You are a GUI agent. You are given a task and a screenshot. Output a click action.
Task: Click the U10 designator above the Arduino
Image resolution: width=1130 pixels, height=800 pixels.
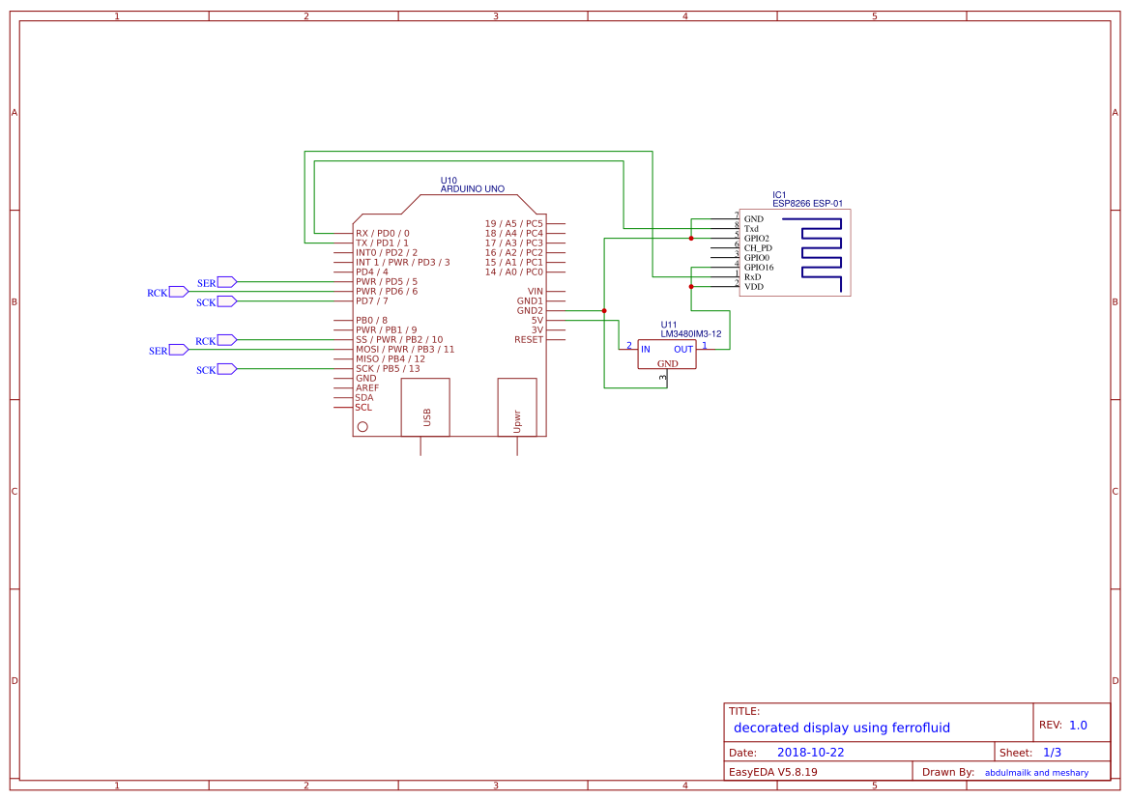pos(449,180)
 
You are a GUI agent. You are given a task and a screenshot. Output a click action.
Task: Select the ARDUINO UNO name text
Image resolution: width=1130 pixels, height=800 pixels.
pos(472,189)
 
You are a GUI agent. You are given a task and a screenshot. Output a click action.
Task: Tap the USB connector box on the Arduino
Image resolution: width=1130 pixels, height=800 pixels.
pos(425,407)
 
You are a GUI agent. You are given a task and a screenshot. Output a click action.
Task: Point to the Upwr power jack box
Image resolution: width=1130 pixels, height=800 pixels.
pos(517,407)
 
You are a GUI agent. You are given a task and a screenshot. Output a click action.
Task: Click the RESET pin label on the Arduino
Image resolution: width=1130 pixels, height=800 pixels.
pos(529,340)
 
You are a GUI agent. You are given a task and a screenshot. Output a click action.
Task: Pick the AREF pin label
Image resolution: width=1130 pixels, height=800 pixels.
pos(367,388)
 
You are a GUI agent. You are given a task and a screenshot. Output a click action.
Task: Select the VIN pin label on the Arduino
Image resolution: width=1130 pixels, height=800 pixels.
pos(536,291)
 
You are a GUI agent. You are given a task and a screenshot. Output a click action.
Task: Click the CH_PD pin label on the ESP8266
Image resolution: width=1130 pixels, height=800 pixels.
pos(758,248)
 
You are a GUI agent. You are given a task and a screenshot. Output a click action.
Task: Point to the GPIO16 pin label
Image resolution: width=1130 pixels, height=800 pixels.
pos(759,268)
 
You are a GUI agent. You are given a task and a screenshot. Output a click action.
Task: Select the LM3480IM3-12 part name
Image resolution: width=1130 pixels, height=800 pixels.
pos(691,333)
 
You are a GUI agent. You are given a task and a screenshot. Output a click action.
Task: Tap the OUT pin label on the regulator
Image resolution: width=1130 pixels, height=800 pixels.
pos(683,349)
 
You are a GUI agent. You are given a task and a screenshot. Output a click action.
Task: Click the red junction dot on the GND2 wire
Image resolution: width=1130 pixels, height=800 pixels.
pos(604,311)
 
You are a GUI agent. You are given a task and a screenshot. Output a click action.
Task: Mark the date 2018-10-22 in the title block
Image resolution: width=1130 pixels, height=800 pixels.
pos(810,753)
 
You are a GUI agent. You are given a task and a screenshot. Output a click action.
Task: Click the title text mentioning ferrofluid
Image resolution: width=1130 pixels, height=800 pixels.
pos(841,728)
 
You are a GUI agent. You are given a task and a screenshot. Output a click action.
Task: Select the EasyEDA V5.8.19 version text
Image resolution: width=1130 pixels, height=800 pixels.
pos(772,772)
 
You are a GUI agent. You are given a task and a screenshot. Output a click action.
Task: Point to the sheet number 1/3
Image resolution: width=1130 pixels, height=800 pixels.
pos(1052,753)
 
